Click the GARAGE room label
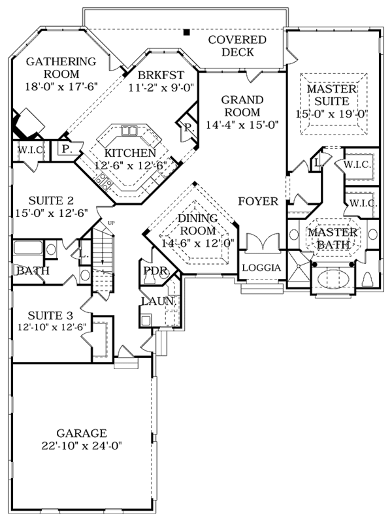click(81, 433)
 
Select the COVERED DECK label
click(237, 46)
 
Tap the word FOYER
click(258, 201)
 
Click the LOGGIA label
click(261, 268)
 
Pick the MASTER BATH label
click(333, 238)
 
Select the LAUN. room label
click(158, 301)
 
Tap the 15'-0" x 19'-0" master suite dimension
click(332, 114)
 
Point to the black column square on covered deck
click(186, 31)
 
